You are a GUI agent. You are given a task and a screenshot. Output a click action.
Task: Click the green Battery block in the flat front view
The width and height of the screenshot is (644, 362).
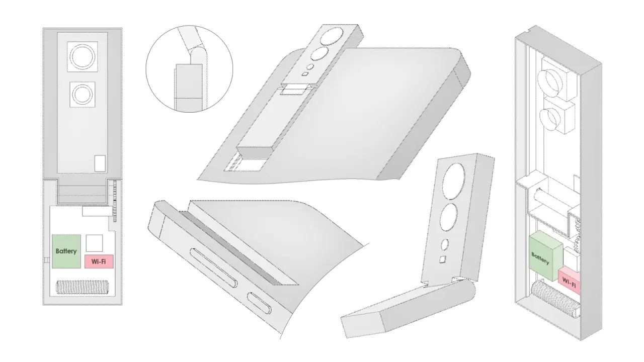tap(66, 251)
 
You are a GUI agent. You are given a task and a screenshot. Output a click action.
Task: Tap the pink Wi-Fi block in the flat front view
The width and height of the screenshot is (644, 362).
tap(99, 261)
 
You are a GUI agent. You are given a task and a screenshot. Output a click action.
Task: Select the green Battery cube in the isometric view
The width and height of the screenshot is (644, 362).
tap(545, 256)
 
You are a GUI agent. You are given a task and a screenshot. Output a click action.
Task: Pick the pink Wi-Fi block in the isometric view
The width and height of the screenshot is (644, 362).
tap(569, 281)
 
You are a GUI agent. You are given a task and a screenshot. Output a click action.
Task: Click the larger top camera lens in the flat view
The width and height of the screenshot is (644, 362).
tap(83, 57)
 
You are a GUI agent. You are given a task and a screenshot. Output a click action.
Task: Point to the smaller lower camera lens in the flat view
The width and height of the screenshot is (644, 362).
tap(82, 95)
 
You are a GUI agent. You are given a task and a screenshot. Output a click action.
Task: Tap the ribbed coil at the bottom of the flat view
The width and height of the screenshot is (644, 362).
tap(82, 287)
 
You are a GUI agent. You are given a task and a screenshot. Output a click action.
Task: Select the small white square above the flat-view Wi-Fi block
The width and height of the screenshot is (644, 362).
tap(94, 243)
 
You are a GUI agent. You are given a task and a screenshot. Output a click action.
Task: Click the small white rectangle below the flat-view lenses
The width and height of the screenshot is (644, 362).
tap(100, 163)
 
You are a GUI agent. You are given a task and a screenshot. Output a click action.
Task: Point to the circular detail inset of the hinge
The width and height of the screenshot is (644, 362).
tap(189, 69)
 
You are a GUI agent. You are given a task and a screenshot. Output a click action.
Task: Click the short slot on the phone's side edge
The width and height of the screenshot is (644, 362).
tap(260, 304)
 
